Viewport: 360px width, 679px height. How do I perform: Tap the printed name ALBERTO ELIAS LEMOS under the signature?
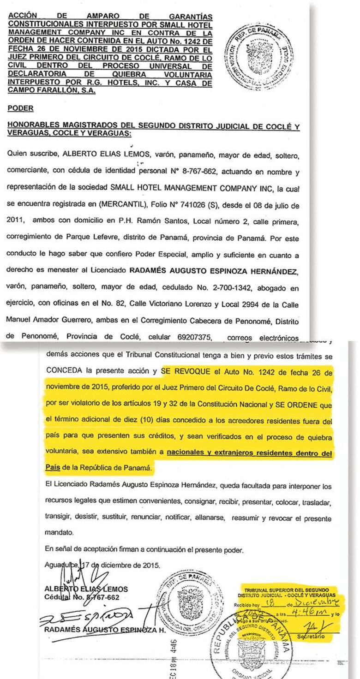86,589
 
